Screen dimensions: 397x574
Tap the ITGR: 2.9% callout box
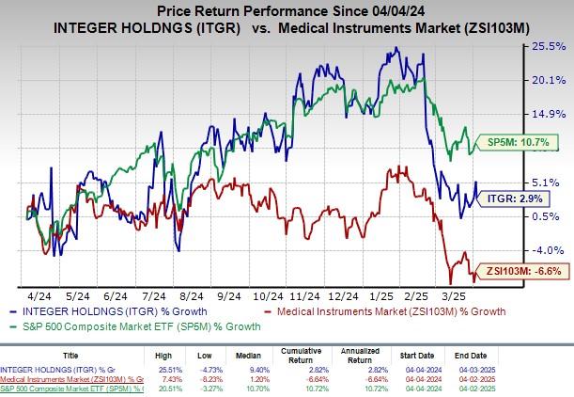(x=515, y=198)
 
